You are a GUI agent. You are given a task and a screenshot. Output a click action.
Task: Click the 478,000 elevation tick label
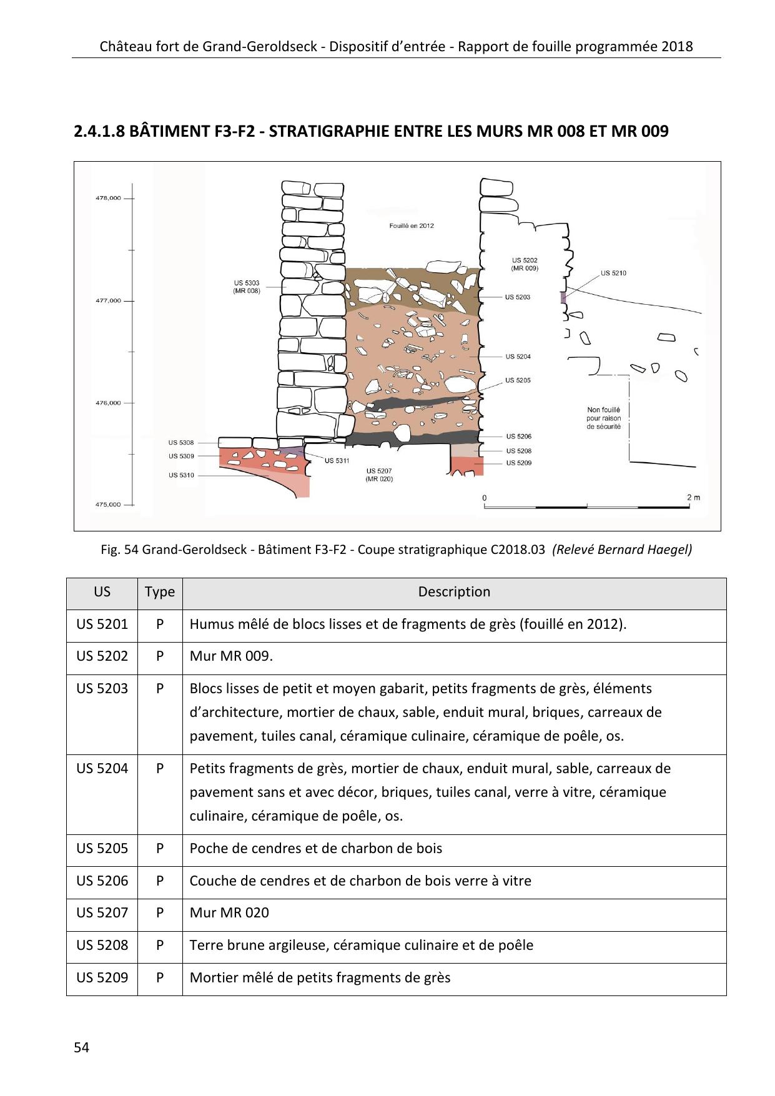[107, 198]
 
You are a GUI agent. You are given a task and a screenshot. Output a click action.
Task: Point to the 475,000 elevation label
[107, 505]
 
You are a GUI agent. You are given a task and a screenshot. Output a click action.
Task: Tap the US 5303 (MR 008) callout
[247, 287]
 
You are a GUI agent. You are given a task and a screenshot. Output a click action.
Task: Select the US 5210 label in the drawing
[613, 273]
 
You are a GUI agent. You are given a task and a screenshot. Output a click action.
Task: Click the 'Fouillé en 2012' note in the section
[411, 225]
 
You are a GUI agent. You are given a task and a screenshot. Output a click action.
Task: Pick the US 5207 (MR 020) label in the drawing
[379, 475]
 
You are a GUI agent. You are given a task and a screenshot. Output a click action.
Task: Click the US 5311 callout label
[337, 460]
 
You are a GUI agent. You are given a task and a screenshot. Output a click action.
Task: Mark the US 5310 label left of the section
[181, 475]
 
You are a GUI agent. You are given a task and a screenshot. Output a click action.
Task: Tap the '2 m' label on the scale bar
[693, 497]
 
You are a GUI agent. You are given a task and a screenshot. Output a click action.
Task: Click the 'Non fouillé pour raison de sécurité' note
[603, 418]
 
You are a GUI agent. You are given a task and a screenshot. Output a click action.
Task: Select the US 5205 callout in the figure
[518, 380]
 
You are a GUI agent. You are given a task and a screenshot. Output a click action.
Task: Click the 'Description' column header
[454, 592]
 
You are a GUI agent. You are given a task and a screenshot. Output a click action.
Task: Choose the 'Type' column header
[160, 592]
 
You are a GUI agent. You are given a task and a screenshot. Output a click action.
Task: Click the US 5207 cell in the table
[102, 913]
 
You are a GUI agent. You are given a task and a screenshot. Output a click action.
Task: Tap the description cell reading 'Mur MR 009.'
[231, 656]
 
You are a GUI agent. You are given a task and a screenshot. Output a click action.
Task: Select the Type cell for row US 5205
[160, 849]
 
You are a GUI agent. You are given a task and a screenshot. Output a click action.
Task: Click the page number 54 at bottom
[81, 1047]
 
